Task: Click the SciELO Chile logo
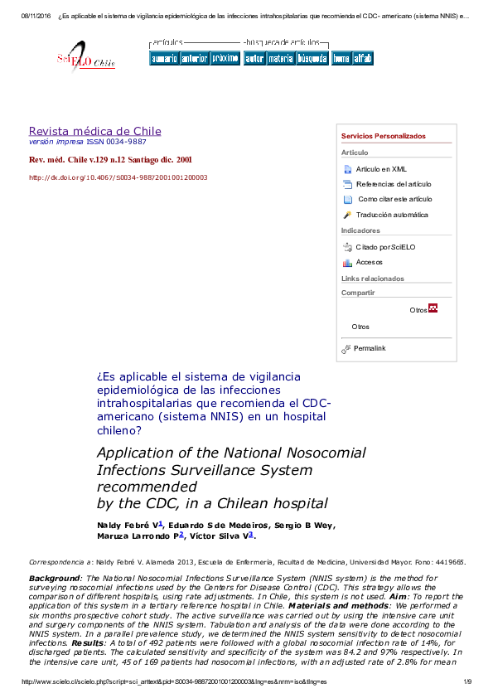(x=85, y=59)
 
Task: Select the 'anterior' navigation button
(x=194, y=59)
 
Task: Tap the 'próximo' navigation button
(x=225, y=59)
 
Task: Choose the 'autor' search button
(x=254, y=59)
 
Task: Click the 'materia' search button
(x=280, y=59)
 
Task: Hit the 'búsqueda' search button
(x=312, y=59)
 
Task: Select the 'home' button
(x=341, y=59)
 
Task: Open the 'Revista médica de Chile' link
(x=94, y=131)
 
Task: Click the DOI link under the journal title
(x=118, y=177)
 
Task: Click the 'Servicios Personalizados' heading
(x=383, y=136)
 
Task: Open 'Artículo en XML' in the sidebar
(x=381, y=169)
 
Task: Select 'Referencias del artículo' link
(x=394, y=184)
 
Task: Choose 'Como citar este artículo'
(x=394, y=199)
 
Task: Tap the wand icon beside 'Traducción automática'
(x=347, y=215)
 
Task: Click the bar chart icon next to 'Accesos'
(x=347, y=262)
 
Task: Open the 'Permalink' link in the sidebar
(x=370, y=348)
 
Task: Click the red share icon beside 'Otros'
(x=433, y=308)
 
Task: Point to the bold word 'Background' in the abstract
(x=54, y=577)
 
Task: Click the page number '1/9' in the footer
(x=466, y=681)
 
